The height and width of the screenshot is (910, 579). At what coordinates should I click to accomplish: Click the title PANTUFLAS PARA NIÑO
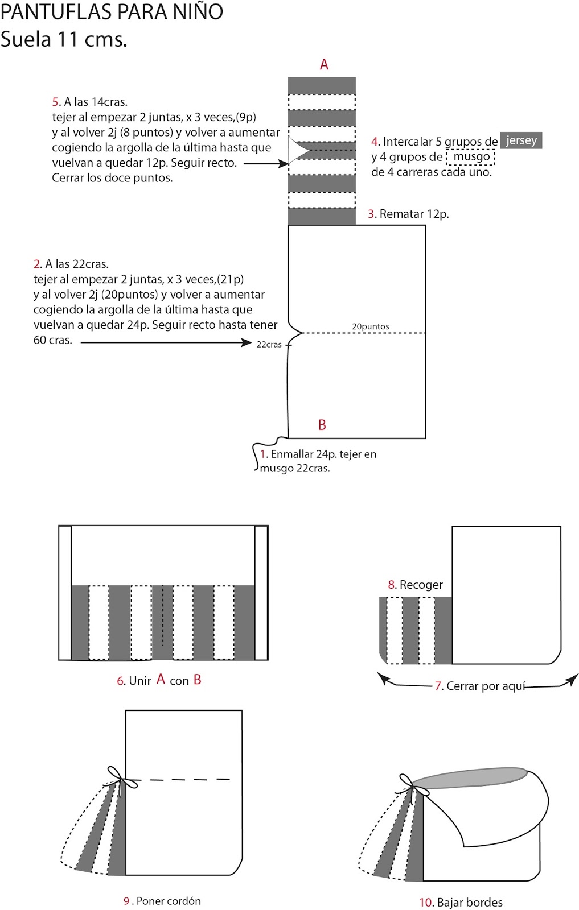point(112,11)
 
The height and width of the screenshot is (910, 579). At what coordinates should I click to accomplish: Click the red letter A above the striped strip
point(324,65)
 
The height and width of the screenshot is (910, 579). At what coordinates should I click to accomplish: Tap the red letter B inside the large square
point(322,425)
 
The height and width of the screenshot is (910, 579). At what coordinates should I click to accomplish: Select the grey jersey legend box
point(521,140)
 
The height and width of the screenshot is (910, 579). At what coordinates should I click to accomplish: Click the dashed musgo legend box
point(471,156)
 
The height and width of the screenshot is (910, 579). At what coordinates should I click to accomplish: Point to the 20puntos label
point(371,326)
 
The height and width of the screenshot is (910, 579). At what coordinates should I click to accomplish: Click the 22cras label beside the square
point(269,344)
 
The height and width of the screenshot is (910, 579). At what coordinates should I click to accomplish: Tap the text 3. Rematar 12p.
point(408,214)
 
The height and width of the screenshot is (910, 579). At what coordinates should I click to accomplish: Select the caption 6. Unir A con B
point(159,680)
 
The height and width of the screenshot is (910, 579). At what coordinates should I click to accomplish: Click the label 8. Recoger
point(415,585)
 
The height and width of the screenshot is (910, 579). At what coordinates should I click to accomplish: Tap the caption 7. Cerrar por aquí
point(480,686)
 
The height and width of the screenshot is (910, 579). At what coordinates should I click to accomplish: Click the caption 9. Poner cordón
point(162,901)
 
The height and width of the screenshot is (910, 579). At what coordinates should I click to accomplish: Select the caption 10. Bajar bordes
point(461,902)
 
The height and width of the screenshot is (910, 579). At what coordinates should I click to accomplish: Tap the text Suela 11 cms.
point(64,39)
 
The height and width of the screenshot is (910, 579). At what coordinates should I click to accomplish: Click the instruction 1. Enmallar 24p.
point(318,461)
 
